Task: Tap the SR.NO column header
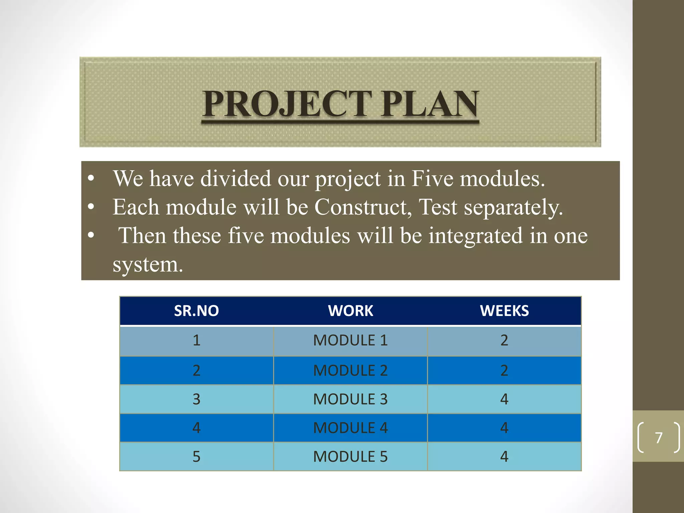click(196, 311)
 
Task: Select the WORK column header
click(350, 311)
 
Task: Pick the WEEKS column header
click(504, 311)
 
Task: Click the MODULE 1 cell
click(350, 340)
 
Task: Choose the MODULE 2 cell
click(350, 370)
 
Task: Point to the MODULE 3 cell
click(350, 399)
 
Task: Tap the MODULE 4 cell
click(350, 428)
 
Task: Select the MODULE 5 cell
click(350, 457)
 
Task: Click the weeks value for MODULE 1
click(504, 340)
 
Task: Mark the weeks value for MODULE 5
click(504, 457)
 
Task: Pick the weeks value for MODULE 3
click(504, 399)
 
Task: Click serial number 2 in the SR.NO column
click(196, 370)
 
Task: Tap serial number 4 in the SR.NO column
click(196, 428)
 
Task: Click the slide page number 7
click(659, 438)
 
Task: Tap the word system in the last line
click(146, 265)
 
